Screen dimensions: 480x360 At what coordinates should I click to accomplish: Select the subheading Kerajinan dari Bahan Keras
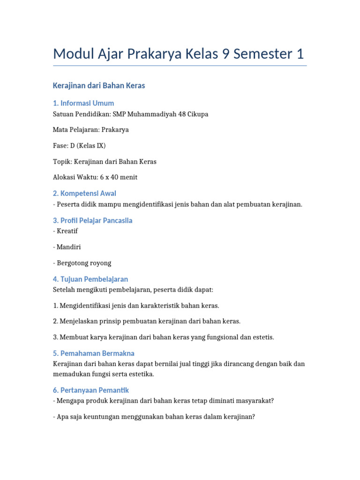pyautogui.click(x=99, y=85)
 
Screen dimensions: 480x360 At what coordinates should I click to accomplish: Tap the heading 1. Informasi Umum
pyautogui.click(x=83, y=103)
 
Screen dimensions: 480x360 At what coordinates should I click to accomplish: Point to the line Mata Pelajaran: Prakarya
pyautogui.click(x=91, y=130)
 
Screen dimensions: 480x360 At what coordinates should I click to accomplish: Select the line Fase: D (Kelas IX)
pyautogui.click(x=79, y=146)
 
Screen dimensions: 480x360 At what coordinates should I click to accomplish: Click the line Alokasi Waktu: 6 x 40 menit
pyautogui.click(x=95, y=177)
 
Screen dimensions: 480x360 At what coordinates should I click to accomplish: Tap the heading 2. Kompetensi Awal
pyautogui.click(x=84, y=193)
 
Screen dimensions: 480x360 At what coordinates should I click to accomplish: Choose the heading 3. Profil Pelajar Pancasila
pyautogui.click(x=93, y=220)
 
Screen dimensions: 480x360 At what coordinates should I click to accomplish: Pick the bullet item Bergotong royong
pyautogui.click(x=82, y=263)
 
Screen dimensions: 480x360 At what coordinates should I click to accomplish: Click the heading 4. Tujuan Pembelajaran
pyautogui.click(x=90, y=279)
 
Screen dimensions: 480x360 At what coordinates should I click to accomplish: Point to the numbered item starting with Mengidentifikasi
pyautogui.click(x=136, y=306)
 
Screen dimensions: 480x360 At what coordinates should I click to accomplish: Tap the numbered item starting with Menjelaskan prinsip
pyautogui.click(x=147, y=321)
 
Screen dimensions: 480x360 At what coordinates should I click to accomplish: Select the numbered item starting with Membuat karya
pyautogui.click(x=164, y=337)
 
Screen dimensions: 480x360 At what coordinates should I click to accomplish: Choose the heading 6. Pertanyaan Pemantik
pyautogui.click(x=91, y=390)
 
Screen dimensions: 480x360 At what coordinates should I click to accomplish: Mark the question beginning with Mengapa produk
pyautogui.click(x=164, y=401)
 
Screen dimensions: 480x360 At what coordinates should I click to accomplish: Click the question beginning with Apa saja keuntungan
pyautogui.click(x=154, y=417)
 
